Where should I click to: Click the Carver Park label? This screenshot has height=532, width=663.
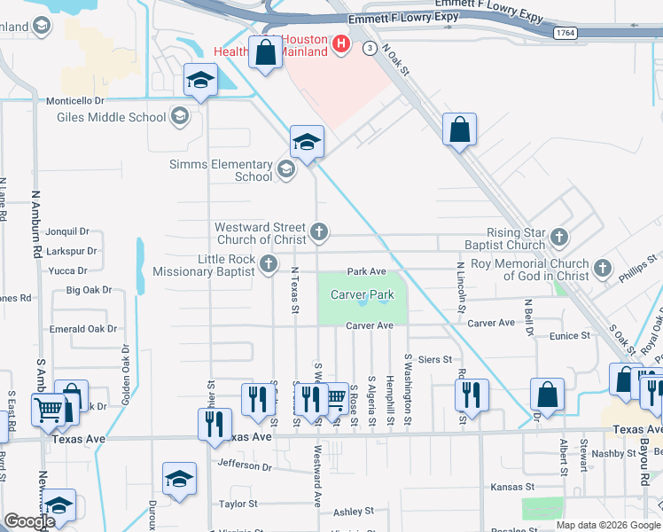pyautogui.click(x=362, y=294)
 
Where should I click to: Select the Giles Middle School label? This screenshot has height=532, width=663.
pyautogui.click(x=111, y=117)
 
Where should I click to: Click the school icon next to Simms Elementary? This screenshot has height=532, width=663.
pyautogui.click(x=285, y=168)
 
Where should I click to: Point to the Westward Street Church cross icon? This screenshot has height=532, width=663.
pyautogui.click(x=319, y=232)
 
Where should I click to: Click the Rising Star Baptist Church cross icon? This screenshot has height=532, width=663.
pyautogui.click(x=558, y=237)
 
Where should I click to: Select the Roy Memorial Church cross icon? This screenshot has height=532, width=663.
pyautogui.click(x=603, y=267)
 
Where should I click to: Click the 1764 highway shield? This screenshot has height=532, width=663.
pyautogui.click(x=565, y=33)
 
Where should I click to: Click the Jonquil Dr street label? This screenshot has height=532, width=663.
pyautogui.click(x=71, y=231)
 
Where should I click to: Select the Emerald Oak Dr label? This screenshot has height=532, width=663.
pyautogui.click(x=83, y=329)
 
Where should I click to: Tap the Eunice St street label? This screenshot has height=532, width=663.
pyautogui.click(x=569, y=336)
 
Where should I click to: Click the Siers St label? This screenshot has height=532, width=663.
pyautogui.click(x=434, y=359)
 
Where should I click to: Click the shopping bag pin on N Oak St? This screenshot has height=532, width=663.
pyautogui.click(x=460, y=130)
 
